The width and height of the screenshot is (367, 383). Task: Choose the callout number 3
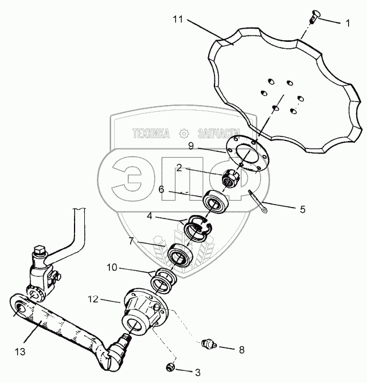tap(197, 372)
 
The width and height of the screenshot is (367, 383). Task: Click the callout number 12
tap(93, 299)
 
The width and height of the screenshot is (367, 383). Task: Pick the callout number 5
tap(302, 209)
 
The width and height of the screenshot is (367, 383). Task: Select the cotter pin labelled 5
tap(258, 204)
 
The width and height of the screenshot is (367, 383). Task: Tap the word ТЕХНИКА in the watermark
tap(151, 134)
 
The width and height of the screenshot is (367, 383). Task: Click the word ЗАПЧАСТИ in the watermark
tap(217, 134)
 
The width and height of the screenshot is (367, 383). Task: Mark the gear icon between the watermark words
tap(184, 133)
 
